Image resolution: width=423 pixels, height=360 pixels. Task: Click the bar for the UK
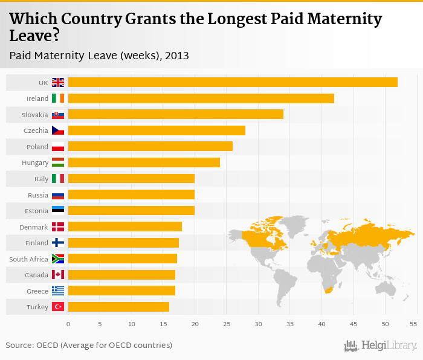pos(233,82)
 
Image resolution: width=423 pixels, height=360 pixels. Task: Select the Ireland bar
pos(201,98)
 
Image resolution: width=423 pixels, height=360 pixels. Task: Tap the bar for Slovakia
pos(176,114)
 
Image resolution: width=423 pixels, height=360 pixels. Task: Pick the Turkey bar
pos(118,307)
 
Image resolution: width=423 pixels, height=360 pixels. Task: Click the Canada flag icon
pos(58,275)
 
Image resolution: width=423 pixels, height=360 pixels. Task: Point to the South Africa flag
pos(58,259)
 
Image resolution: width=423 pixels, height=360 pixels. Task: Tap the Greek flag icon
pos(58,291)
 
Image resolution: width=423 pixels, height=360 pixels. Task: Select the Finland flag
pos(58,243)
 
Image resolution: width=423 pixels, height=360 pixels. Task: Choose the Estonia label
pos(36,211)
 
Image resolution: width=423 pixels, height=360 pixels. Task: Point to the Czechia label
pos(36,130)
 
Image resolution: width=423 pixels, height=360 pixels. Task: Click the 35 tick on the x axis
pos(289,324)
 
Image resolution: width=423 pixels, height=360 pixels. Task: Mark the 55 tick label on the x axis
pos(413,324)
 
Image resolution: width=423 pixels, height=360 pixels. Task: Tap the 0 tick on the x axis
pos(68,324)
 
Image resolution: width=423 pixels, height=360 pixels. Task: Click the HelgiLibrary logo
pos(380,346)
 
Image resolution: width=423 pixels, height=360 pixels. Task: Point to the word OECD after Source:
pos(50,345)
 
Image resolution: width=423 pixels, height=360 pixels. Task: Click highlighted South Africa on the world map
pos(328,291)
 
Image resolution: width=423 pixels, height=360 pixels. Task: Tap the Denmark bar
pos(125,227)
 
